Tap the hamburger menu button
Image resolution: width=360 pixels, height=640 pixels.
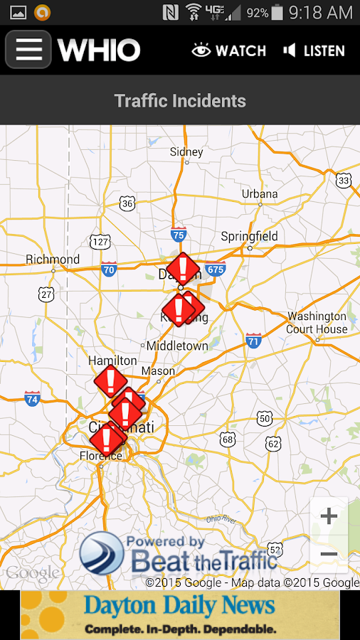click(28, 50)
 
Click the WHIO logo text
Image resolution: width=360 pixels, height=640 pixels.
click(99, 50)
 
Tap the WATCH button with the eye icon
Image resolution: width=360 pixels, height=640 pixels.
click(229, 50)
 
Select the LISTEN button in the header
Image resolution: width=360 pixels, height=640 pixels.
click(314, 50)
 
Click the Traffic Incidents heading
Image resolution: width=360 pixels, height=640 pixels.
click(180, 101)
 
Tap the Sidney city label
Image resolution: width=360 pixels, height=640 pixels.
click(186, 152)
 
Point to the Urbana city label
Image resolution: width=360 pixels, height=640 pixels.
click(260, 194)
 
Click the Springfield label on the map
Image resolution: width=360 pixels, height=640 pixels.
click(249, 236)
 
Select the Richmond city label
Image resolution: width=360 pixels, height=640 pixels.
click(53, 260)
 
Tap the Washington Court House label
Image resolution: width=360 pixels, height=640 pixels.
click(317, 322)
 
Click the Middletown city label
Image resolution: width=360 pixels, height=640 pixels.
click(177, 346)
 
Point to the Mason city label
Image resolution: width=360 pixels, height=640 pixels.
click(158, 371)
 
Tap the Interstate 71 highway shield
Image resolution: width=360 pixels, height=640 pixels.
click(253, 341)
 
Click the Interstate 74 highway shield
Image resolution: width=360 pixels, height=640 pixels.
click(32, 398)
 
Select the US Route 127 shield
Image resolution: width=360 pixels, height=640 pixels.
click(100, 242)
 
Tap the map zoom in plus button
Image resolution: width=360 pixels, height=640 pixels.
click(329, 516)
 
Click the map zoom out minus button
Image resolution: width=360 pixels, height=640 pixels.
click(329, 554)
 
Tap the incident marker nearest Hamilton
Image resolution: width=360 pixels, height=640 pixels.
click(110, 381)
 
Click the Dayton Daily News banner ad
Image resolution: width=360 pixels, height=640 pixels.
click(180, 615)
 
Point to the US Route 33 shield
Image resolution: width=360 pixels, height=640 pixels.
click(344, 181)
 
